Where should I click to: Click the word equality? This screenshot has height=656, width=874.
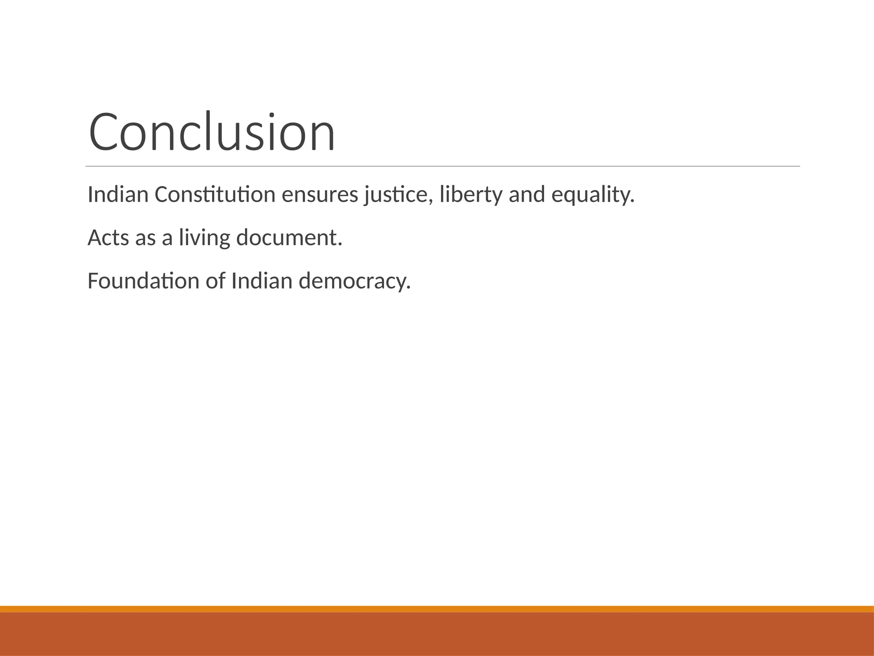(593, 196)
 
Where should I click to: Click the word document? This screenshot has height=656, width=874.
(289, 238)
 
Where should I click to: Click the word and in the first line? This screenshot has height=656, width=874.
(527, 195)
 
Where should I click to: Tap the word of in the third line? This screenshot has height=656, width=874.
(215, 281)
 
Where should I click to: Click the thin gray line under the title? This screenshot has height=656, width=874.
(443, 166)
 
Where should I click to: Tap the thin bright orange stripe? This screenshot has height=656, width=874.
(437, 609)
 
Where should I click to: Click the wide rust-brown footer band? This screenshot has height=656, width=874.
(437, 634)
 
